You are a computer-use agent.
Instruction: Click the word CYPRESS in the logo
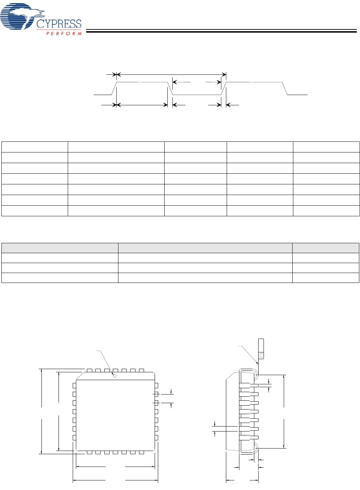tap(59, 24)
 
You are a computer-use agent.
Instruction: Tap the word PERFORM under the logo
tap(64, 34)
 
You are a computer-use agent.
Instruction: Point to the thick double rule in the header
tap(221, 31)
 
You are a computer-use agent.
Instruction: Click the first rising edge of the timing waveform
tap(114, 88)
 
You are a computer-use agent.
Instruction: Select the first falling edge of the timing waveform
tap(170, 88)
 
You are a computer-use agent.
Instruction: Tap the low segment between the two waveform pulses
tap(197, 95)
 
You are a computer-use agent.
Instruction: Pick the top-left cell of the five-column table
tap(35, 147)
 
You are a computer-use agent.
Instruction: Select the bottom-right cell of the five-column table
tap(326, 211)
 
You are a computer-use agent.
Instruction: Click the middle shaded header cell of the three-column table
tap(205, 248)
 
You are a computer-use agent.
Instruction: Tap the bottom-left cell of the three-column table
tap(60, 278)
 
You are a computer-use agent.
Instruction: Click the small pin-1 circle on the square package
tap(115, 376)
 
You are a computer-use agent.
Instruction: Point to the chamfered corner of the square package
tap(80, 376)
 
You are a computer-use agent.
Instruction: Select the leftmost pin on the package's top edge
tap(89, 371)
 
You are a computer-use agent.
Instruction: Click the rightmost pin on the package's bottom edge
tap(141, 452)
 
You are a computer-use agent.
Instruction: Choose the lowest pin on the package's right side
tap(156, 438)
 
